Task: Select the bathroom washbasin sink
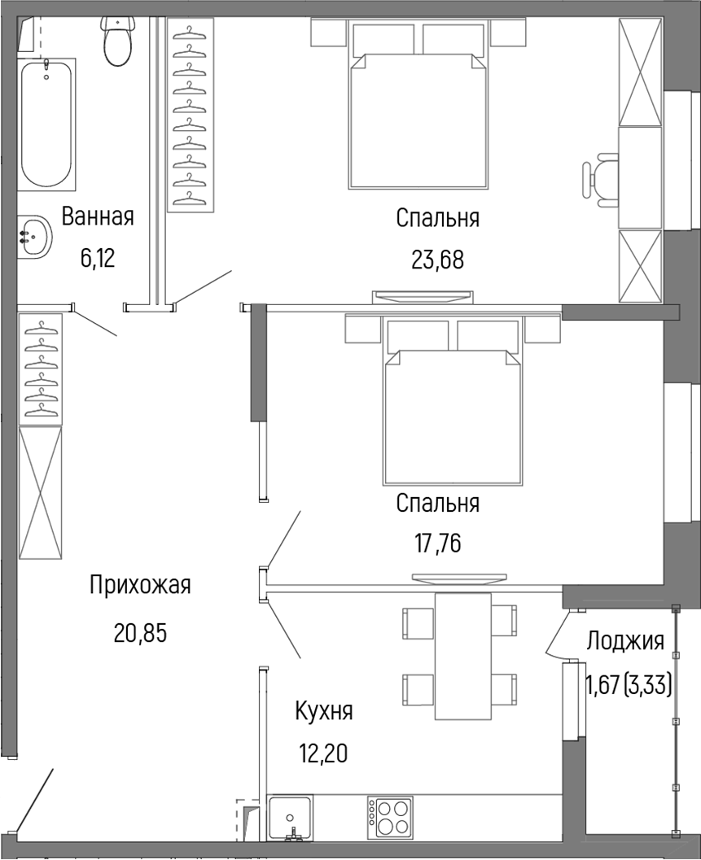33,237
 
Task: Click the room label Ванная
98,217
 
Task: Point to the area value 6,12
98,259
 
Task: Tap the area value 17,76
437,543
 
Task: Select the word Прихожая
140,585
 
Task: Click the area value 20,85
140,632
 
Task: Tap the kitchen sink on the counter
290,816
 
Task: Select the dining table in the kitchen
462,656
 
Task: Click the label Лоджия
625,641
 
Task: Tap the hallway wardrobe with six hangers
41,369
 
